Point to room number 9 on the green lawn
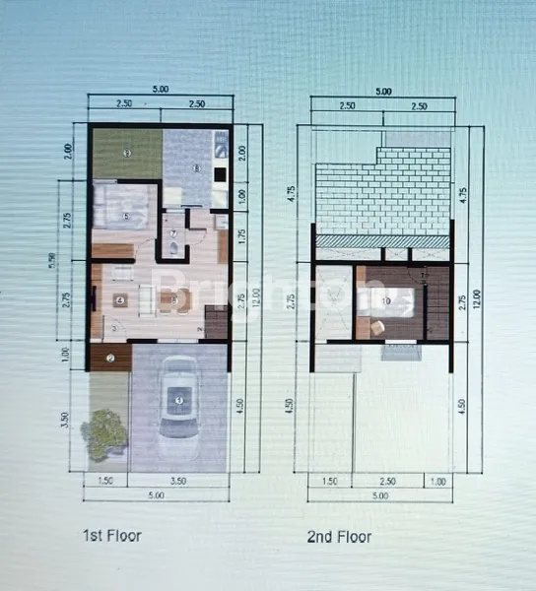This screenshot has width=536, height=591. (x=127, y=154)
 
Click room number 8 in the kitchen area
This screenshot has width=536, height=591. (x=197, y=168)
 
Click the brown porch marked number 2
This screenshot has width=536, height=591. (x=110, y=358)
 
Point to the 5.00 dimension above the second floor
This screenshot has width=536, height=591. (x=382, y=91)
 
